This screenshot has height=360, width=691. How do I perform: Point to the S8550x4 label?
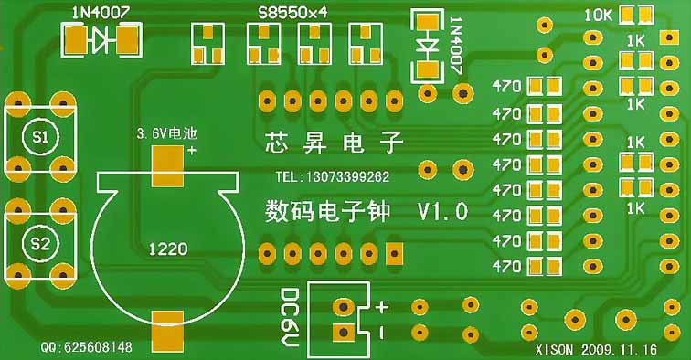[292, 14]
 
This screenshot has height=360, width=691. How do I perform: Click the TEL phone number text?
[332, 176]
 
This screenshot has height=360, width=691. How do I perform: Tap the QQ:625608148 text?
[87, 348]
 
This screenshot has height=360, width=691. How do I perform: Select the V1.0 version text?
[442, 213]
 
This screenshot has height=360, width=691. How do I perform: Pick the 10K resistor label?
[598, 16]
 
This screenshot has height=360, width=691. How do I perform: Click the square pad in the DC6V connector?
[344, 333]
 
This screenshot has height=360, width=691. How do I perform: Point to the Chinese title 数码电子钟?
[327, 213]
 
